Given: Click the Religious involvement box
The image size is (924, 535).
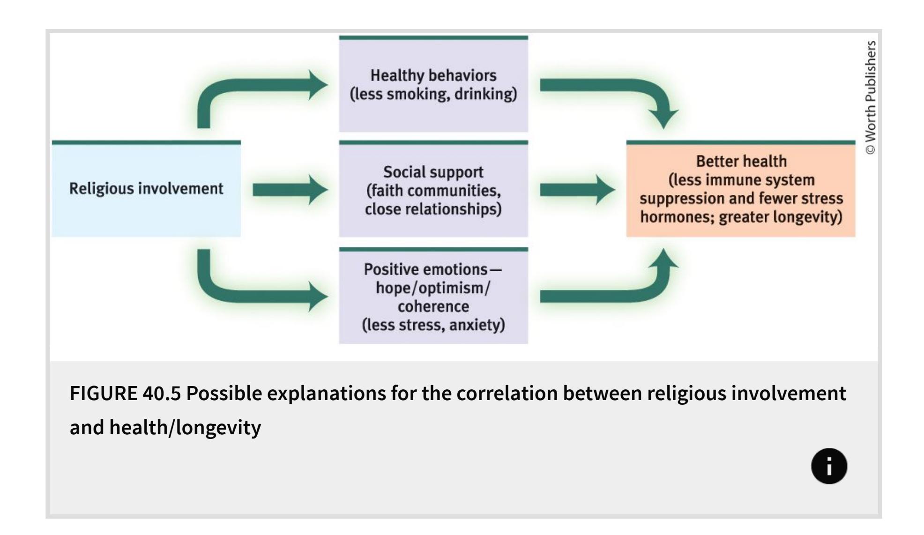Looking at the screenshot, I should click(146, 188).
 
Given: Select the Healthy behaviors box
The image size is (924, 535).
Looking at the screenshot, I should click(433, 84).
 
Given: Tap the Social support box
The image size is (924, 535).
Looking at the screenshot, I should click(433, 190).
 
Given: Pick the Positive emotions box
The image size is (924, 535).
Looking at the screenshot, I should click(433, 297).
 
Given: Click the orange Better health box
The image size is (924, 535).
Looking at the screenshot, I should click(741, 189).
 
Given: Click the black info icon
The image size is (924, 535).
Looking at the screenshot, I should click(829, 466).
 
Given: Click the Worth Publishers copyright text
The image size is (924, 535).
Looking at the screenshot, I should click(870, 97).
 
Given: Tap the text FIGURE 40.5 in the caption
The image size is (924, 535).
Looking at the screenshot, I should click(125, 394).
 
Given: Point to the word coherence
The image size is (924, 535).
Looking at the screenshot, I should click(433, 306).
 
